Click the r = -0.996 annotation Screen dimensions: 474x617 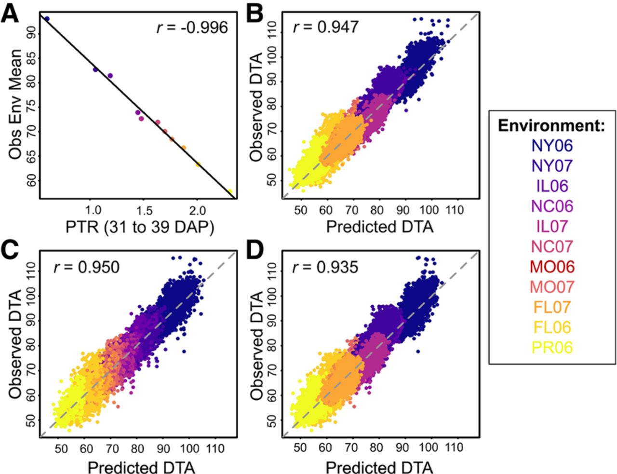click(192, 27)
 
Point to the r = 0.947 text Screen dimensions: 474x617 click(326, 26)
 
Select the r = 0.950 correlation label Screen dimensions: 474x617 click(86, 267)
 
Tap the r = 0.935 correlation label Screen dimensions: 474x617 click(326, 267)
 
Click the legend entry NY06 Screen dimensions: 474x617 click(552, 145)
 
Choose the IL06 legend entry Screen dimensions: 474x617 click(552, 186)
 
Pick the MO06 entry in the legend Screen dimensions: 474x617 click(552, 267)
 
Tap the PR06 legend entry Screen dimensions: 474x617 click(552, 347)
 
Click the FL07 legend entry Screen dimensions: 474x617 click(552, 307)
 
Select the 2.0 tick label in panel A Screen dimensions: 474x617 click(197, 211)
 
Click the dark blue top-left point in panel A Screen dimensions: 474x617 click(47, 19)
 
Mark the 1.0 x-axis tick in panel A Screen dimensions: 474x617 click(93, 211)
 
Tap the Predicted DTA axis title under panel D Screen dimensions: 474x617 click(379, 467)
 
